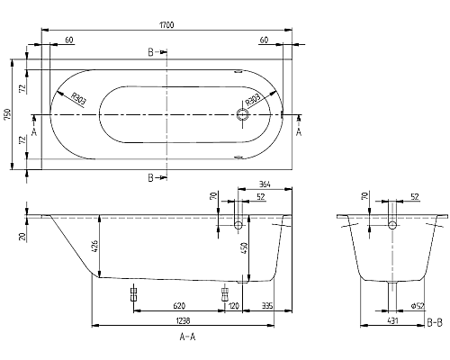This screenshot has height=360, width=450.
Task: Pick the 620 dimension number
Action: click(179, 307)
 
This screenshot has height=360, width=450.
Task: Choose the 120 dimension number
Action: click(234, 307)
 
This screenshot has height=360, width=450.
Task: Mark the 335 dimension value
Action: click(268, 307)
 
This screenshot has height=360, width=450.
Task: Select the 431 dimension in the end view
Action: click(392, 321)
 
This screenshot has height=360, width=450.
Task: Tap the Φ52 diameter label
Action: click(417, 307)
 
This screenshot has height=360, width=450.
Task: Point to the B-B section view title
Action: click(433, 321)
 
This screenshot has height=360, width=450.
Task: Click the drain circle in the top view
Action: click(241, 114)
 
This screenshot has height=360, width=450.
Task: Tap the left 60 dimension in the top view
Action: click(69, 40)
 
